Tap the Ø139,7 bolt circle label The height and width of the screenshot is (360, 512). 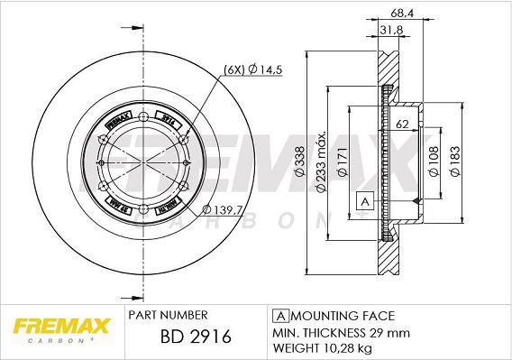click(220, 209)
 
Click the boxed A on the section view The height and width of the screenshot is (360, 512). click(364, 200)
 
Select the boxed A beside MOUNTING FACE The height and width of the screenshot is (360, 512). click(279, 316)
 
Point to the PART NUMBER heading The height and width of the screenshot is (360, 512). click(169, 315)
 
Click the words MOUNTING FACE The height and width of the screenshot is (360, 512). click(341, 316)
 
